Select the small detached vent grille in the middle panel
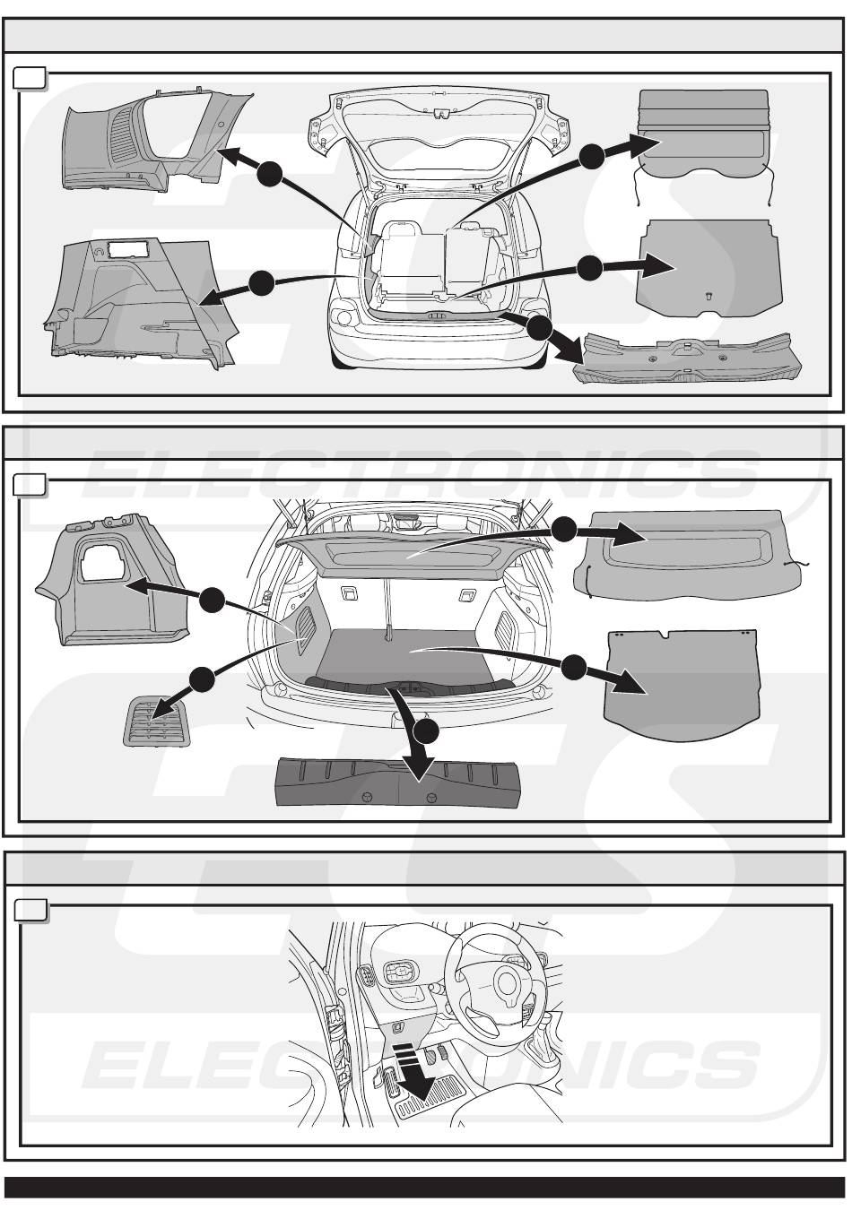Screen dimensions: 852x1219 tap(157, 722)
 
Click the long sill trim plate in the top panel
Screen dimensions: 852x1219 tap(688, 359)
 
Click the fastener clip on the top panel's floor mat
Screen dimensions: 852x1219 tap(709, 295)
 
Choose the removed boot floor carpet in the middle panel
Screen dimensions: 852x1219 tap(683, 685)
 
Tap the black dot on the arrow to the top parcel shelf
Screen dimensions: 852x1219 tap(592, 157)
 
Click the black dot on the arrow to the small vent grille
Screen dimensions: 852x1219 tap(202, 679)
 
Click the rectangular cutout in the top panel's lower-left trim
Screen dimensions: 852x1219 tap(128, 249)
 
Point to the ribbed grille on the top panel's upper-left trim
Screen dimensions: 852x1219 tap(124, 134)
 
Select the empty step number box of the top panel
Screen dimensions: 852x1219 tap(30, 78)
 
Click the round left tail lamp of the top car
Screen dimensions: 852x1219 tap(344, 317)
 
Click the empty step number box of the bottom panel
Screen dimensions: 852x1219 tap(30, 910)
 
